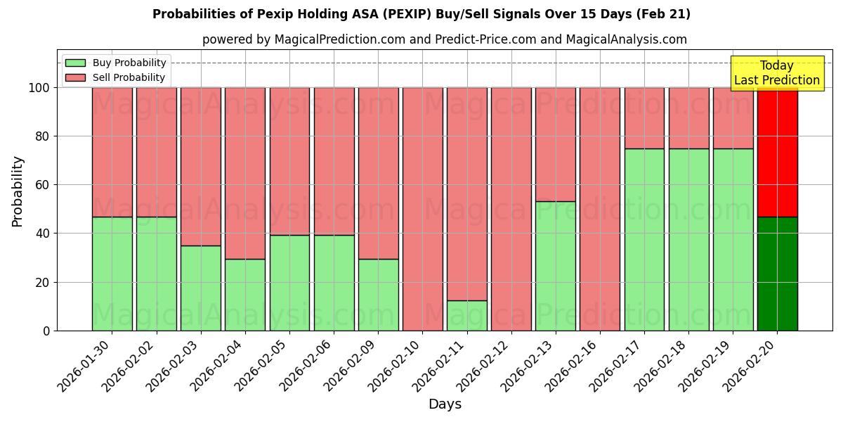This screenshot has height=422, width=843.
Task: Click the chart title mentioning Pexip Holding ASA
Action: (421, 14)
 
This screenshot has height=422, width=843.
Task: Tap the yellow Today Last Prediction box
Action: (776, 73)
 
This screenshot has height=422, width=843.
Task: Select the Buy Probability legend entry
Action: (129, 63)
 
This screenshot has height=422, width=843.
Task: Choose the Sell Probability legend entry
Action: (129, 77)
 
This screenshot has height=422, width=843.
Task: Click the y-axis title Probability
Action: (18, 191)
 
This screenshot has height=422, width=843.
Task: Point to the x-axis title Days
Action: (445, 404)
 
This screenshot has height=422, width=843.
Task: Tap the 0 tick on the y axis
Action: (46, 331)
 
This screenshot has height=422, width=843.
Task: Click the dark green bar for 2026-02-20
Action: (777, 274)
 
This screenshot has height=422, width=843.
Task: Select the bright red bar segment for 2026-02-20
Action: (777, 152)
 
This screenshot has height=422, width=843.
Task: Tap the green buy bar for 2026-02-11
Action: (466, 316)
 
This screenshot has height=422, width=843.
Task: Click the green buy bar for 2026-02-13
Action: (555, 266)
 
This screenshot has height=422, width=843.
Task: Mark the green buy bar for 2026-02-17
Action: (644, 239)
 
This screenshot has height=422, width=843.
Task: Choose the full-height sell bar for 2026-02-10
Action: (422, 209)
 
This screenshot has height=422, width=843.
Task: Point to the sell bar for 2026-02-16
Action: (600, 209)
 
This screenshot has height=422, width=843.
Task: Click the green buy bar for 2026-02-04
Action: (244, 295)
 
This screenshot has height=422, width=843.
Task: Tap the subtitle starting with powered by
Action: (445, 39)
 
